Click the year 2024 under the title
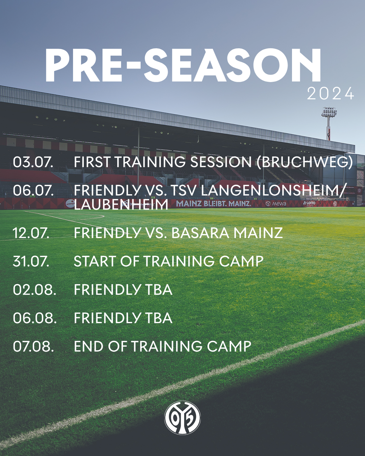click(x=331, y=94)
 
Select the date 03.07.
click(x=33, y=162)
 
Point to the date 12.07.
click(x=31, y=233)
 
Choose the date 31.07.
click(x=31, y=261)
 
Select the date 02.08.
click(x=34, y=289)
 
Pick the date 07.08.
click(x=33, y=347)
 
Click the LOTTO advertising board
click(x=309, y=204)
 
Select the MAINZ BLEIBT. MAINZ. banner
click(x=214, y=204)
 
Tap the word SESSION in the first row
click(x=219, y=162)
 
